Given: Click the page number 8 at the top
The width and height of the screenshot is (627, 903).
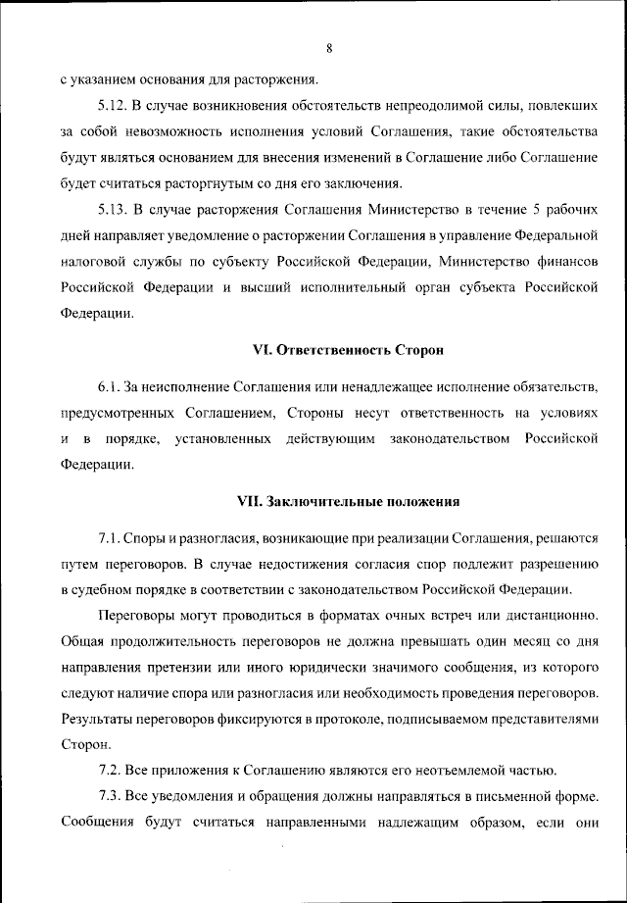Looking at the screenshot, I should click(330, 47).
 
